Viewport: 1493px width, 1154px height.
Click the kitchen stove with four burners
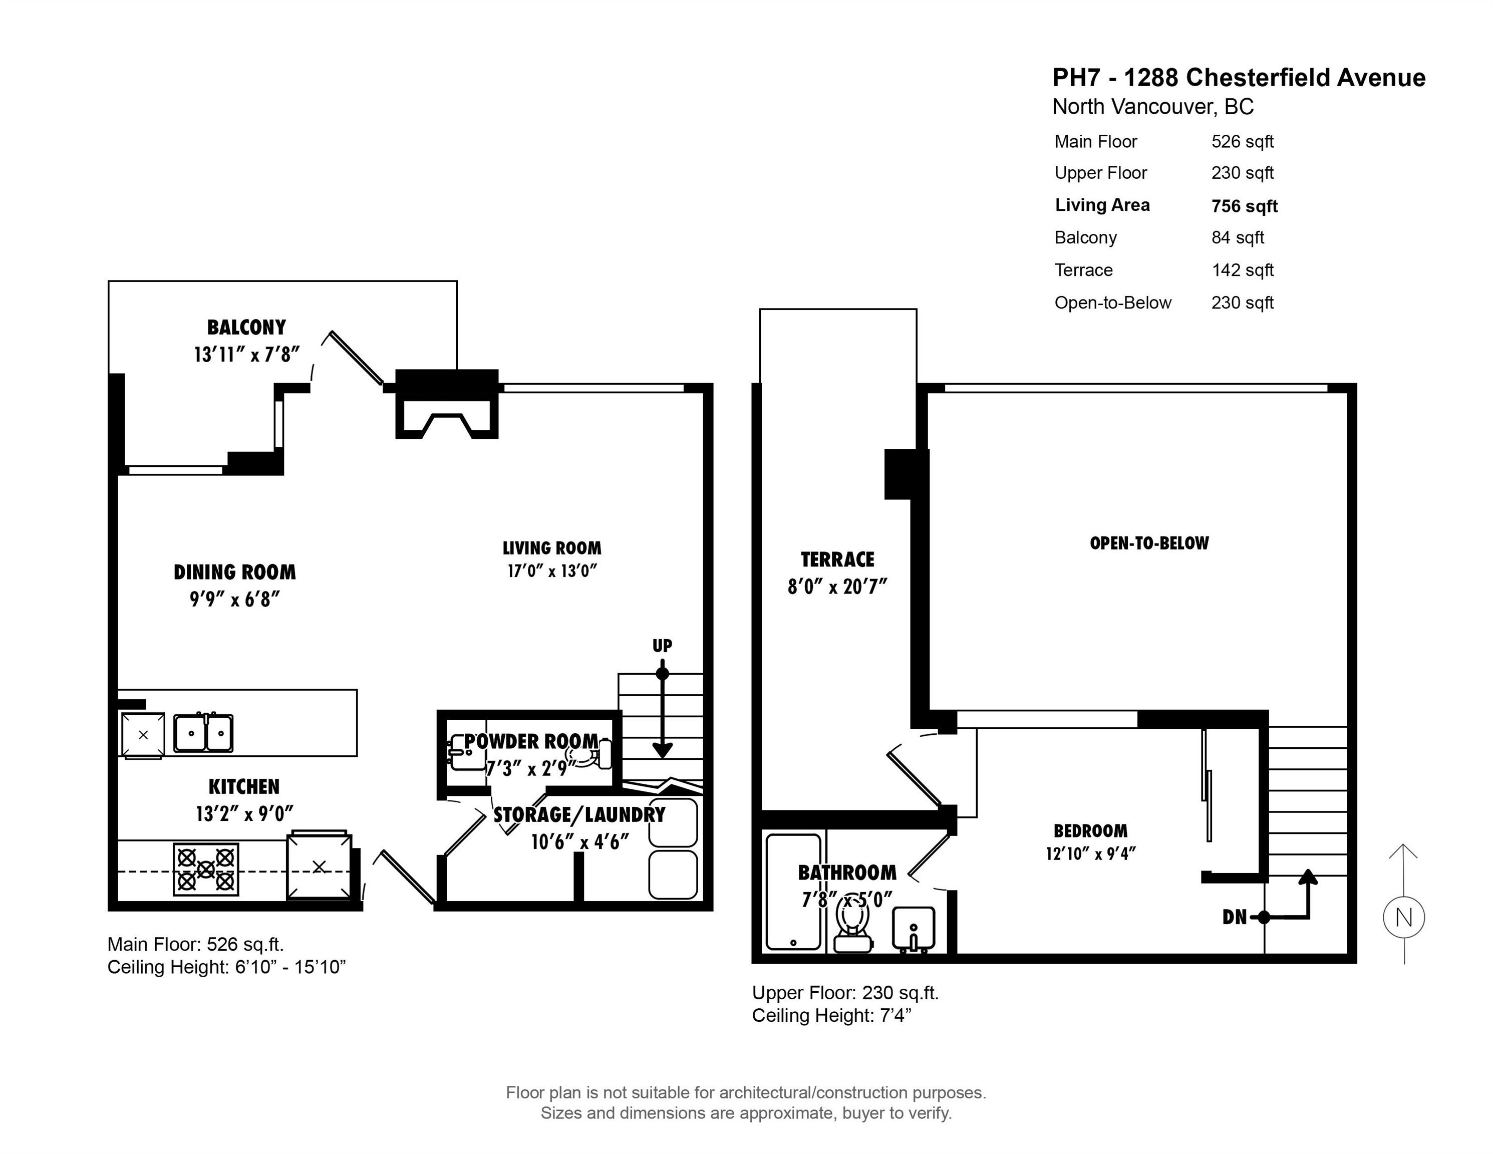click(x=206, y=870)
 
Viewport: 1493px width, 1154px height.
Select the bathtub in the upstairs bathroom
click(x=793, y=892)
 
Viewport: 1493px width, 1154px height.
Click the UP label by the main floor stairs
click(x=662, y=645)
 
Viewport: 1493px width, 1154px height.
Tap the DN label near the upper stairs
click(x=1234, y=918)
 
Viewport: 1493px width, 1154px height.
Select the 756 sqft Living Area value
click(x=1244, y=206)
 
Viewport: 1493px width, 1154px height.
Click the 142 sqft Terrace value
click(x=1242, y=270)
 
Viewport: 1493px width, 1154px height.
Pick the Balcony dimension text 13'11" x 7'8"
click(x=247, y=354)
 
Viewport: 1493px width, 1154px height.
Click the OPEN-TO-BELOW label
click(x=1149, y=543)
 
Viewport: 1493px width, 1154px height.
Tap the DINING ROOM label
click(x=234, y=572)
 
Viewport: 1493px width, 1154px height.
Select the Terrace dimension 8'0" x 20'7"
click(x=837, y=587)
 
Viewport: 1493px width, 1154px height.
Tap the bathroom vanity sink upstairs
click(x=914, y=929)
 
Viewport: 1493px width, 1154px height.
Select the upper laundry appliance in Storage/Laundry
click(x=673, y=822)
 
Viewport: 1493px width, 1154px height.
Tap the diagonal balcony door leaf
click(x=356, y=358)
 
